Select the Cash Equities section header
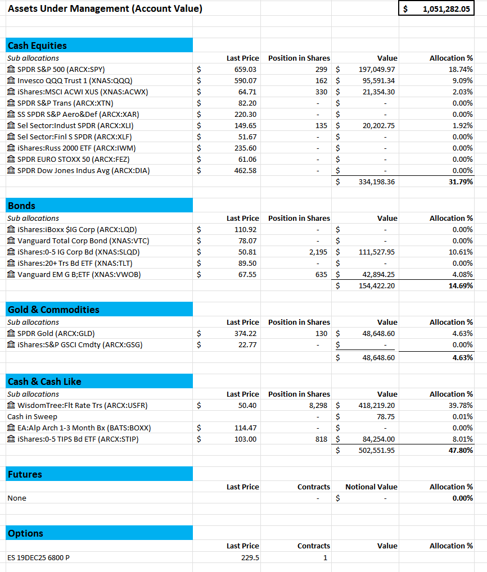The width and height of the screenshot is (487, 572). click(x=37, y=46)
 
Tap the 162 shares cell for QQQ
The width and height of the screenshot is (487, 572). click(x=321, y=80)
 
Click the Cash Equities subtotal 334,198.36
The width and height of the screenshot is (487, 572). click(x=377, y=181)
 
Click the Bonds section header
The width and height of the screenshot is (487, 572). click(x=21, y=206)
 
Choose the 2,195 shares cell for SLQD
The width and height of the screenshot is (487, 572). click(x=318, y=252)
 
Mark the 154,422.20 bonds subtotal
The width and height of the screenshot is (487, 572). click(x=377, y=285)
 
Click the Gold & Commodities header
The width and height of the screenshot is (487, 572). click(x=53, y=310)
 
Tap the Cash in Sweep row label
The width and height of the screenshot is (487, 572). click(x=32, y=416)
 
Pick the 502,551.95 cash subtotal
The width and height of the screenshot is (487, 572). click(x=377, y=450)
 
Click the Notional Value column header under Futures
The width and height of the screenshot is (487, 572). click(x=371, y=487)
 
